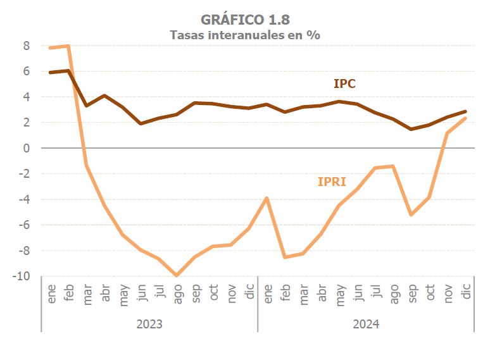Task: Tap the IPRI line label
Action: point(332,182)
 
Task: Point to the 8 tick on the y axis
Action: point(27,46)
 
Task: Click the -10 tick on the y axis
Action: point(22,276)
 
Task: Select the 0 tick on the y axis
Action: point(27,148)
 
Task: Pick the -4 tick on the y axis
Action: point(24,199)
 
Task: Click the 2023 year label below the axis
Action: point(149,325)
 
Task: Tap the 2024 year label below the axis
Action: point(366,325)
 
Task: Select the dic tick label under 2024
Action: point(466,293)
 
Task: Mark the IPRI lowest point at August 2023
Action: point(177,275)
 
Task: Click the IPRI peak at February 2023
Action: point(68,46)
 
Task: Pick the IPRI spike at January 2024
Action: point(267,198)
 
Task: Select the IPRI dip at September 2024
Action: point(411,214)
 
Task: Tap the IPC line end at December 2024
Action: point(465,111)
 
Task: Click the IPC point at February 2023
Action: point(68,71)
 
